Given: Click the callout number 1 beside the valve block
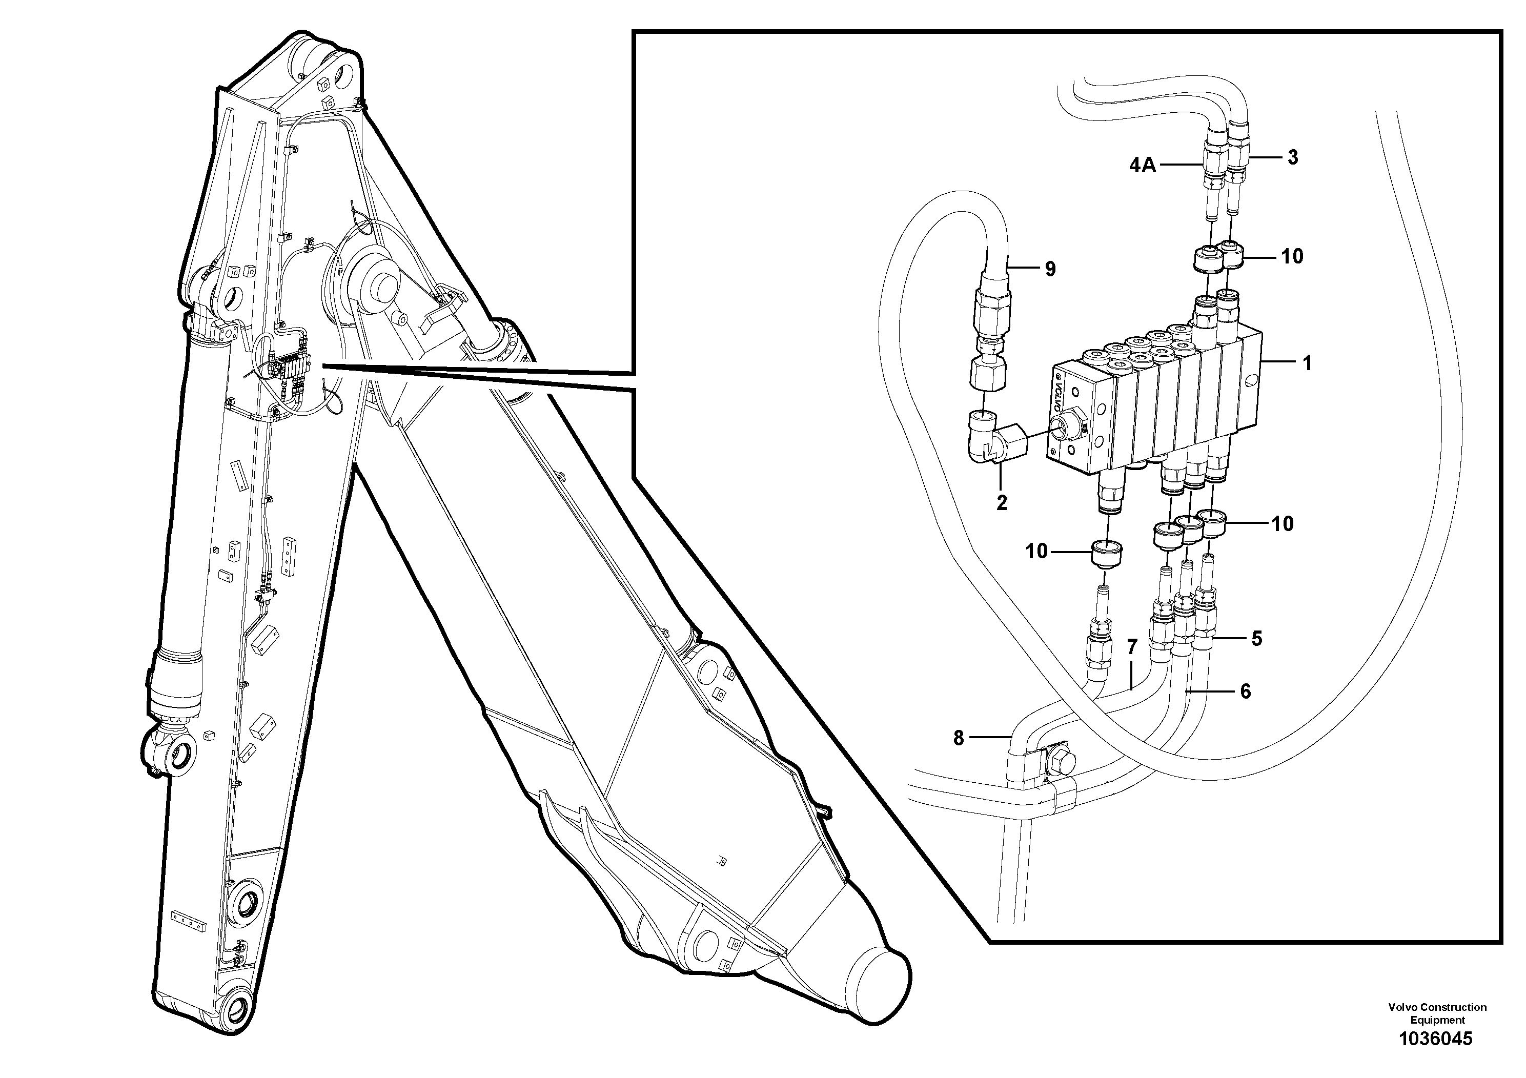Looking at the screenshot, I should [1307, 363].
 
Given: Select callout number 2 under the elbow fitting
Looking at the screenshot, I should [1002, 503].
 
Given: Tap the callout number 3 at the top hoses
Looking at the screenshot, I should [1293, 157].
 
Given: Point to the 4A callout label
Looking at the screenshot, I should [1143, 166].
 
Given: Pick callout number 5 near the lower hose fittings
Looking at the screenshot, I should [1257, 639].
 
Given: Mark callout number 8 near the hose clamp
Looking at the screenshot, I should [959, 738].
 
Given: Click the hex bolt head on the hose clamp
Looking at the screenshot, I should [1057, 761].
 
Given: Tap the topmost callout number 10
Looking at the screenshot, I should [1292, 256].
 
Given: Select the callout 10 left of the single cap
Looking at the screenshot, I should [1037, 551].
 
